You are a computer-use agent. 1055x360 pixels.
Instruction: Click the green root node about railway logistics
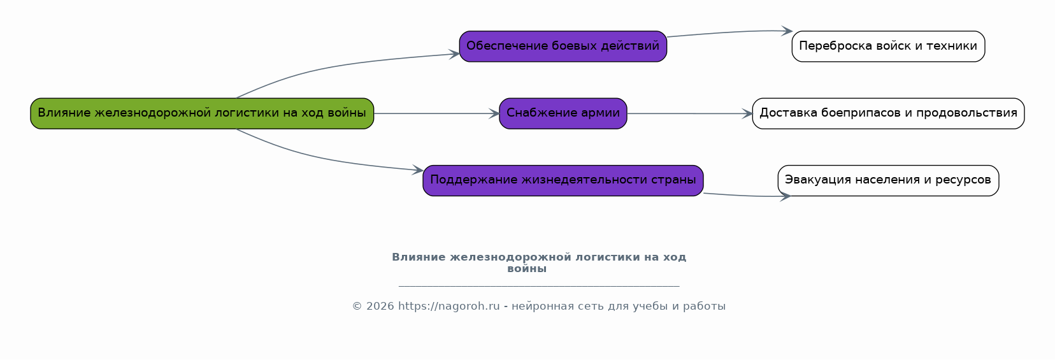(x=202, y=113)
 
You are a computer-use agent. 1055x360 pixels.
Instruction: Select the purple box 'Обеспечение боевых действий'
(x=563, y=46)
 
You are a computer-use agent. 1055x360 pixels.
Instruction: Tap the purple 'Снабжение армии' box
(x=563, y=113)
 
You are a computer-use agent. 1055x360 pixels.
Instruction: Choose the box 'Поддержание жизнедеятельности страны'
(x=563, y=180)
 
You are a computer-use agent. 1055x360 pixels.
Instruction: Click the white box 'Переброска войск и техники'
(x=888, y=46)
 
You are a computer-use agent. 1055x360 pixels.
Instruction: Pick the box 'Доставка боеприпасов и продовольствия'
(x=888, y=113)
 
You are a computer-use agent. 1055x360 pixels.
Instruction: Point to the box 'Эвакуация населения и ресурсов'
(x=888, y=180)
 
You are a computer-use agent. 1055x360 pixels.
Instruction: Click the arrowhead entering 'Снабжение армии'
(x=494, y=113)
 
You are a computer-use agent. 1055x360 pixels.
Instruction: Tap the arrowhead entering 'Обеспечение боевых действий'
(x=454, y=54)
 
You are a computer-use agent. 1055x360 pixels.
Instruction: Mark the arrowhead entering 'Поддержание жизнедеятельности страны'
(x=418, y=170)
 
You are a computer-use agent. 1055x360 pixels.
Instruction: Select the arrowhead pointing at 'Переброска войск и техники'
(x=787, y=31)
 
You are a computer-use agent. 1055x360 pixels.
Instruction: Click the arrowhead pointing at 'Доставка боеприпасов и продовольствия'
(x=747, y=113)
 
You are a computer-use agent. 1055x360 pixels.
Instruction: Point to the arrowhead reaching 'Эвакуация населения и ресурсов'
(x=785, y=196)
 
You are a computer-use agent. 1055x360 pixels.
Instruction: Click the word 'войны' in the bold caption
(x=527, y=269)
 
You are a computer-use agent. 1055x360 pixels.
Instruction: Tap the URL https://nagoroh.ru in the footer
(x=449, y=306)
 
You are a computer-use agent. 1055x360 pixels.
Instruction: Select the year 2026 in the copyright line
(x=380, y=306)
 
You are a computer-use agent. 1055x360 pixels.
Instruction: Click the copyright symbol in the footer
(x=357, y=306)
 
